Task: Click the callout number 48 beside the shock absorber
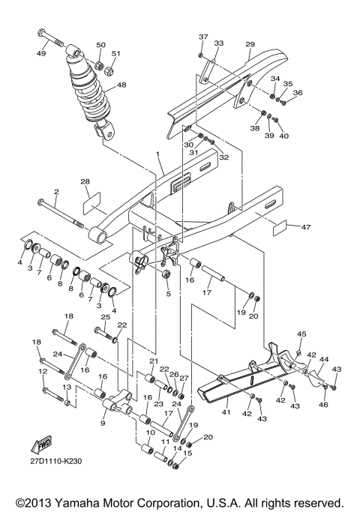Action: coord(121,85)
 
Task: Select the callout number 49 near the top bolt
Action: coord(40,53)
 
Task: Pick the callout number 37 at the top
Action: coord(202,37)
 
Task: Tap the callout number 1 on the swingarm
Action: coord(158,154)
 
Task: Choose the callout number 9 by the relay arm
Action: coord(102,423)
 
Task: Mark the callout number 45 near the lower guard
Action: coord(302,334)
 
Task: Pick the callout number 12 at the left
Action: coord(42,371)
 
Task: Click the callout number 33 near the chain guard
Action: coord(219,43)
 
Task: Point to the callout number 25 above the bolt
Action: coord(105,318)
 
